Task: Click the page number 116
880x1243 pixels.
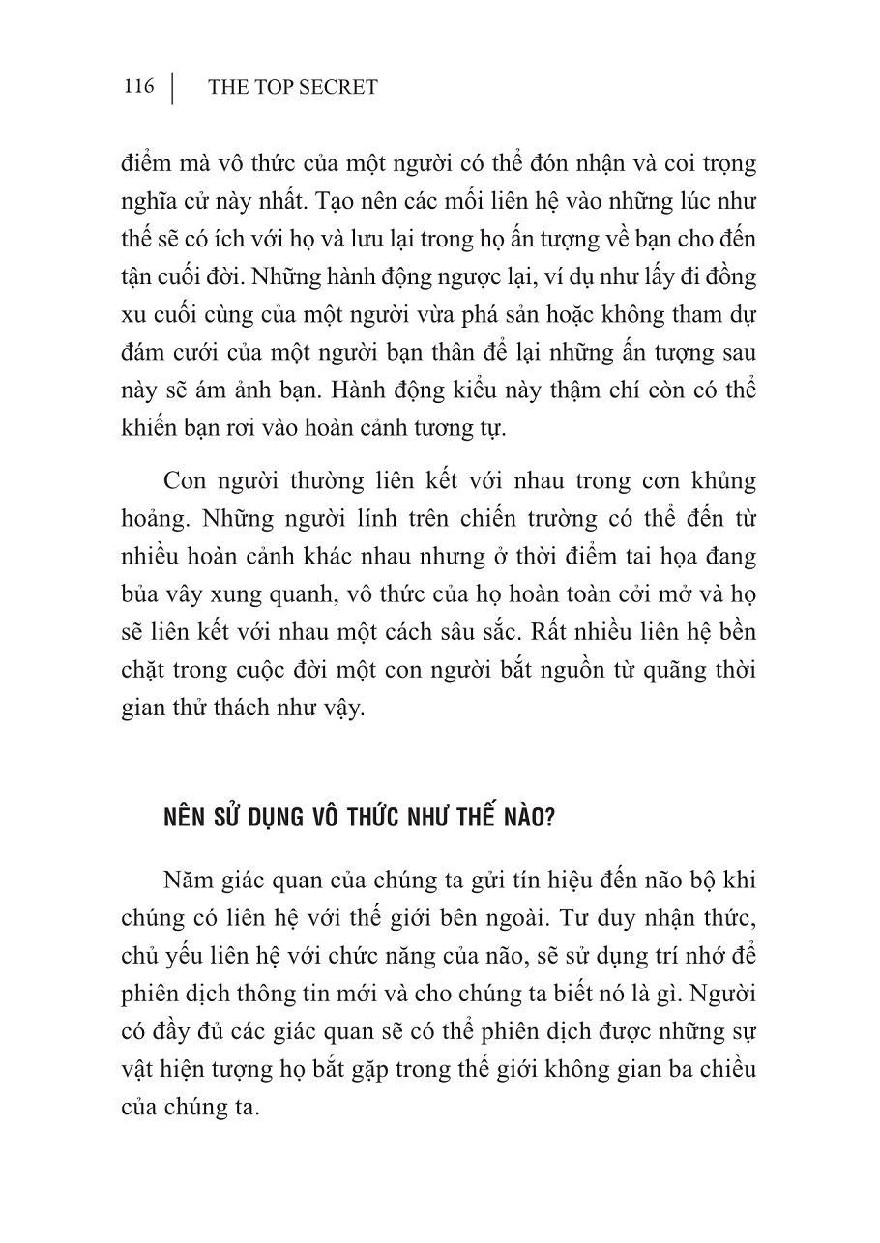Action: click(x=138, y=87)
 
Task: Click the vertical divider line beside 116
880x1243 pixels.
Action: click(x=172, y=87)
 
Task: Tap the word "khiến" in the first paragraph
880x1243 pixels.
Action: click(x=149, y=427)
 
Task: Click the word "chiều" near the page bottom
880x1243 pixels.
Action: click(x=725, y=1070)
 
